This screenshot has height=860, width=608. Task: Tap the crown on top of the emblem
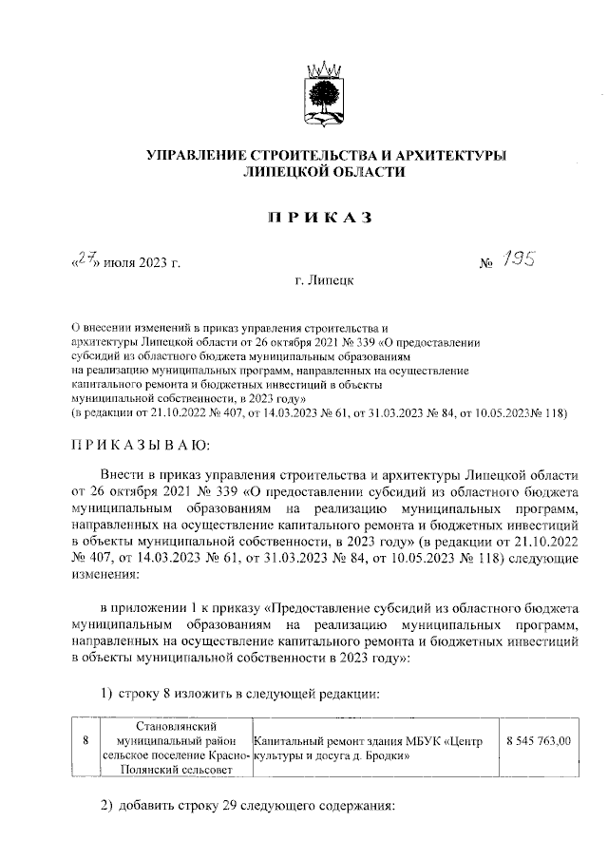[323, 68]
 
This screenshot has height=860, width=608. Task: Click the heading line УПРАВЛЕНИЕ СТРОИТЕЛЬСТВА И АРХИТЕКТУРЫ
[323, 155]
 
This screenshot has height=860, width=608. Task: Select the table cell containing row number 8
[85, 740]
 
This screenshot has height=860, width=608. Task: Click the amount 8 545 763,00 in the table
[539, 740]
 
